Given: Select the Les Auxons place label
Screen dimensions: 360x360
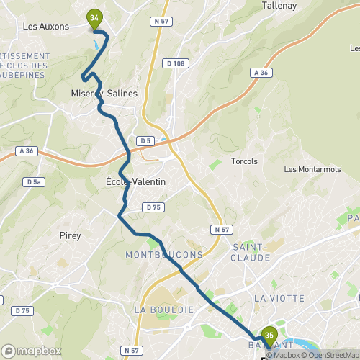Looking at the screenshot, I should tap(46, 27).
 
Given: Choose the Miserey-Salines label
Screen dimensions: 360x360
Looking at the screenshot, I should tap(104, 94).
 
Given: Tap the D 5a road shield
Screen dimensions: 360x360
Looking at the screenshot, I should tap(33, 182).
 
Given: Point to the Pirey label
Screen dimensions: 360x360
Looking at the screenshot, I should tap(70, 235).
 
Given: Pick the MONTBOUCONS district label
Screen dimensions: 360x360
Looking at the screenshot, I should tap(164, 255).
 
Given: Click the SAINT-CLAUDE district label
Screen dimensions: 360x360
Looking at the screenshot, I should tap(250, 253).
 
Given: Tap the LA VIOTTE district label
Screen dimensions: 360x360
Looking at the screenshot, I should tap(275, 297).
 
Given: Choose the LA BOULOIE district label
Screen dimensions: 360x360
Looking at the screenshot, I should tap(164, 309).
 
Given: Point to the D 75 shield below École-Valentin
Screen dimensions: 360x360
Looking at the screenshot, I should tap(151, 207).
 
